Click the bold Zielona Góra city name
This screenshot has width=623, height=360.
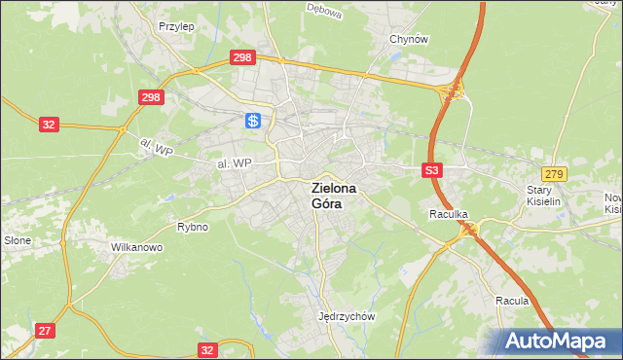click(333, 196)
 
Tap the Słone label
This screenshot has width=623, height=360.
click(18, 240)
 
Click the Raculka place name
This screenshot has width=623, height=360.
click(449, 213)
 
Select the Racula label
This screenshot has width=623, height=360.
click(511, 301)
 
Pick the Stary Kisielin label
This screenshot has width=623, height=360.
click(546, 196)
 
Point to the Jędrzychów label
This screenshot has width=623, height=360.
click(347, 316)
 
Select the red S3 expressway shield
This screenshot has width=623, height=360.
click(433, 170)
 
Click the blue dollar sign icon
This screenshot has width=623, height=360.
click(252, 121)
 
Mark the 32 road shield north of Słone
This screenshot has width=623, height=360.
click(49, 125)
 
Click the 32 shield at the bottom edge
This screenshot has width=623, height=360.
click(206, 349)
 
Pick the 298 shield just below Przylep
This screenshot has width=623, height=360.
click(243, 58)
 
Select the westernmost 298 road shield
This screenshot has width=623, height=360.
click(151, 97)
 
